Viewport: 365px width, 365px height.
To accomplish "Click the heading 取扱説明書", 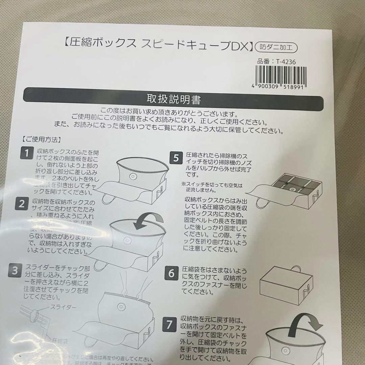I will coord(173,99).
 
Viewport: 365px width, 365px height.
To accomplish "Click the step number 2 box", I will coord(22,203).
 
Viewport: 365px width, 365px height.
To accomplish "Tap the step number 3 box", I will coord(15,270).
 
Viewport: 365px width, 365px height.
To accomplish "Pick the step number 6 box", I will coord(171,273).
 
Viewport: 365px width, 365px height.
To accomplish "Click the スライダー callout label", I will coord(63,307).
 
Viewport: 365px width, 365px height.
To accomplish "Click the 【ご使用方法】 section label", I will coord(41,139).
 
